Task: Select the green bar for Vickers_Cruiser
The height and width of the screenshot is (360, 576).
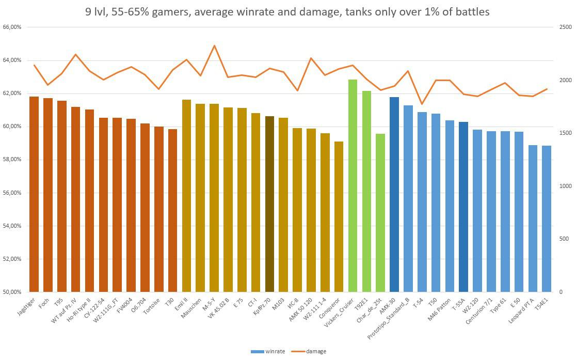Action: click(353, 186)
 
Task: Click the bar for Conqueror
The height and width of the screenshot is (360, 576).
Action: click(339, 217)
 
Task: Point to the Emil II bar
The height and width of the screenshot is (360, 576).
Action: click(187, 196)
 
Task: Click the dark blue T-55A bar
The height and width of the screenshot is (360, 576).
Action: click(463, 207)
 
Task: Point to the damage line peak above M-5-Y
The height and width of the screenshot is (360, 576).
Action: click(214, 45)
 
